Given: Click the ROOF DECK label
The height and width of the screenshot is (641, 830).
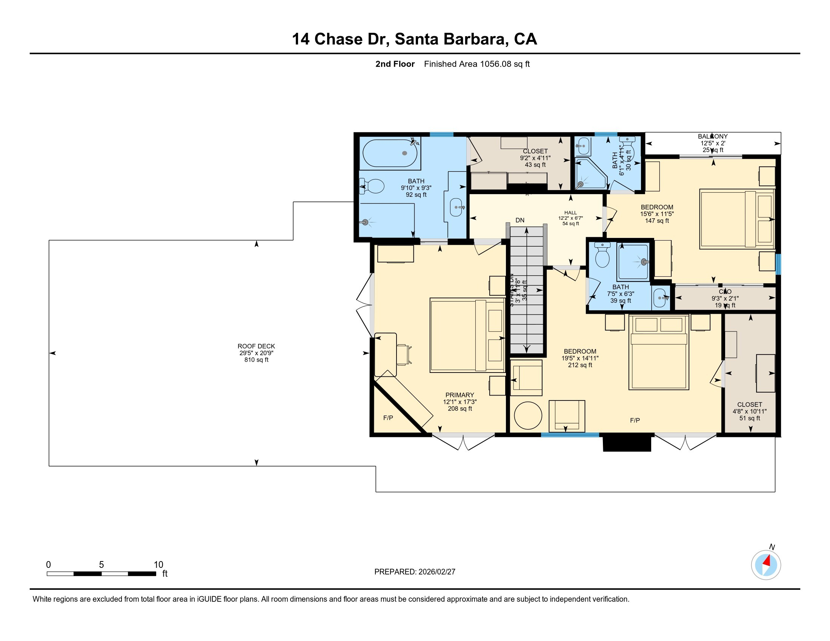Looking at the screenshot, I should (256, 346).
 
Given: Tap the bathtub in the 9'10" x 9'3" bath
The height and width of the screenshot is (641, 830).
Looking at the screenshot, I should (390, 153).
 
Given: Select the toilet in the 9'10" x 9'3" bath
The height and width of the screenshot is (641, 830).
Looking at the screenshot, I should (372, 186).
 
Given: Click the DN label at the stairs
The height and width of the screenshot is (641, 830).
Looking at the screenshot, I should (520, 220).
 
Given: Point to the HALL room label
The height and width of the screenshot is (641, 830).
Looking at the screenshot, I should (570, 213).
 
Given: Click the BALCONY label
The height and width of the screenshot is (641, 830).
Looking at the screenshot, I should (712, 136).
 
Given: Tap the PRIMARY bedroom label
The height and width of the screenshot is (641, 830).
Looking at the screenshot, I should (460, 395).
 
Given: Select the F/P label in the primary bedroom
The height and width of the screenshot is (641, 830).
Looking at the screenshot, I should (388, 418).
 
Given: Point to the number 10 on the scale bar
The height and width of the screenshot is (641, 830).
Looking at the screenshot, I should (158, 565).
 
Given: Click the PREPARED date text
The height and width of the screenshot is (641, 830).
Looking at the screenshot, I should (415, 572).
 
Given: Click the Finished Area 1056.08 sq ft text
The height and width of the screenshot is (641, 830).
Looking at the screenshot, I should (476, 64).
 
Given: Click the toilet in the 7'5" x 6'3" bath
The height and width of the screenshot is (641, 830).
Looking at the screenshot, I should (603, 256).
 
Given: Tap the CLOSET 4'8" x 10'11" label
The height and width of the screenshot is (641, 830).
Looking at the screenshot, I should (749, 405).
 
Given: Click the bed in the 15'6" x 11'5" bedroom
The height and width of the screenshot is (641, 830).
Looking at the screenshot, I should (736, 219).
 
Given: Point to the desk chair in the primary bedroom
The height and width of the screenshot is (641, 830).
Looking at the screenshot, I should (403, 355).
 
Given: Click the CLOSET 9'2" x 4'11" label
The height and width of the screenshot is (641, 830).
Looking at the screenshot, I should (535, 151).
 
